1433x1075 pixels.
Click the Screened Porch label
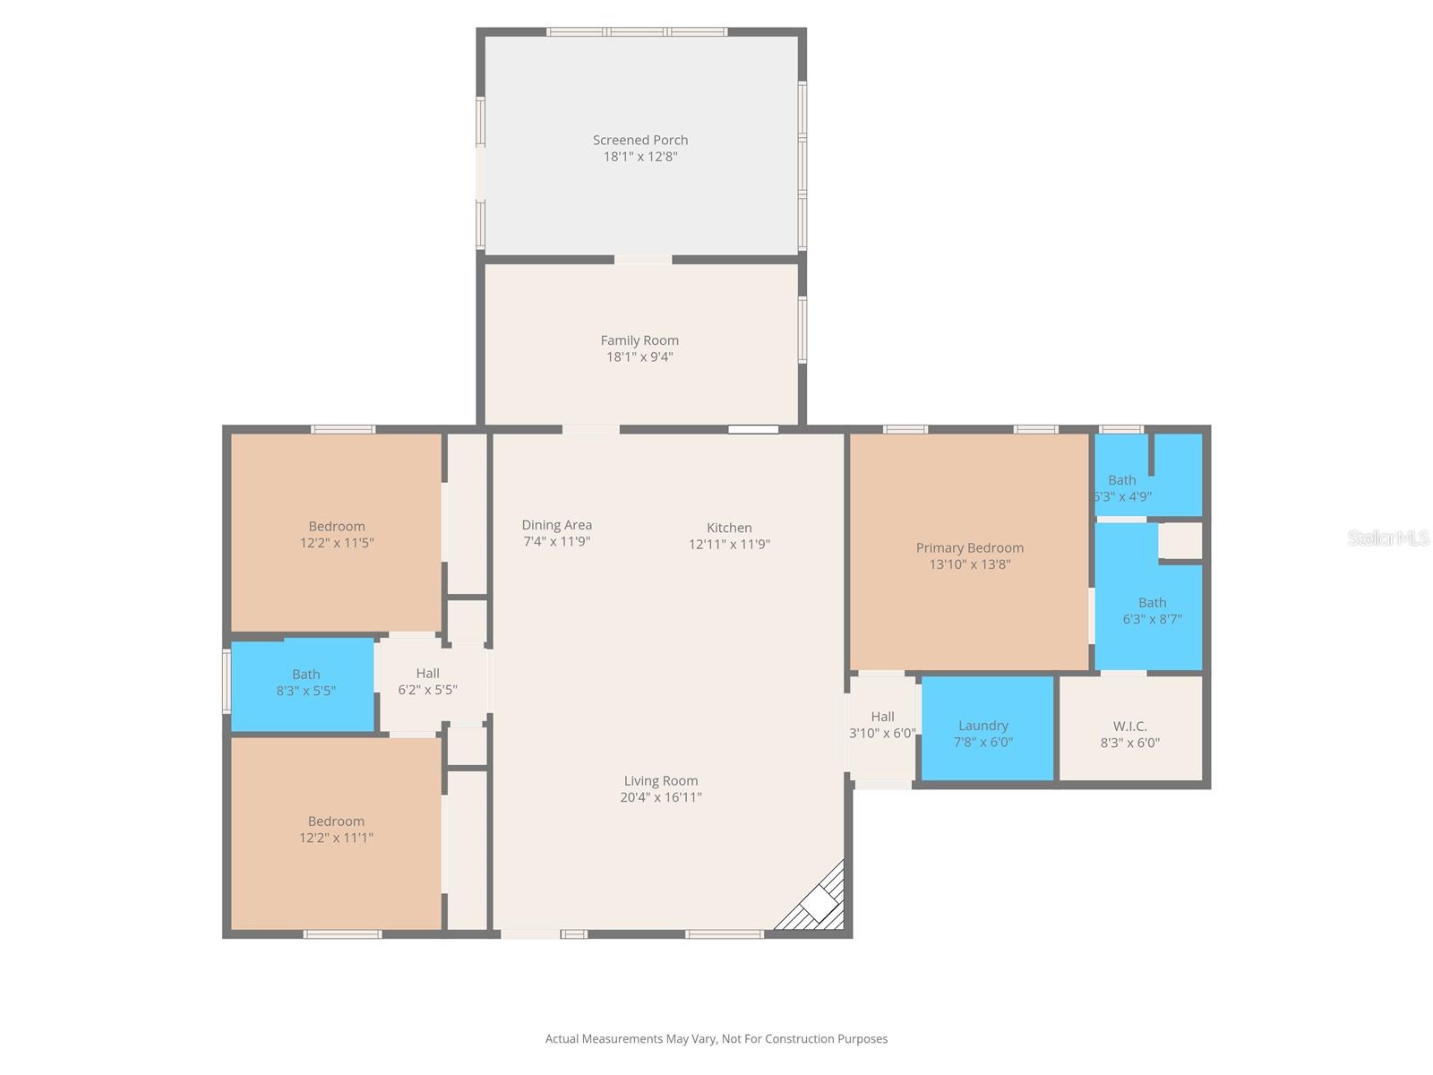click(639, 140)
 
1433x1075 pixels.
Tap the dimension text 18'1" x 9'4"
click(639, 357)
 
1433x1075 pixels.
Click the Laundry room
click(985, 727)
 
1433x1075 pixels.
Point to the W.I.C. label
click(1129, 727)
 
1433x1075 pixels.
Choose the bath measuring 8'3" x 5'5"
click(305, 684)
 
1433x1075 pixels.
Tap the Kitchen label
click(729, 528)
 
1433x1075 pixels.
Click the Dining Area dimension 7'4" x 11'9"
click(556, 541)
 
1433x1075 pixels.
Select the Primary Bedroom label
click(969, 548)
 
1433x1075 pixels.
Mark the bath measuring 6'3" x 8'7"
click(1152, 611)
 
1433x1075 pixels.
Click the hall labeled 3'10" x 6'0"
click(882, 725)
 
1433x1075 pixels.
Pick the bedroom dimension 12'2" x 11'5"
click(337, 543)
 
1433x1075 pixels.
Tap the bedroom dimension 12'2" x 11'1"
click(336, 838)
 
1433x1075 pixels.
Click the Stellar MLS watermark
click(1387, 537)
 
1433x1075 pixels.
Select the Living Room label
click(660, 781)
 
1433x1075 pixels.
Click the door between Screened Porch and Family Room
click(642, 260)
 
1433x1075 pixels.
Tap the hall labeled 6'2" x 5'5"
click(427, 682)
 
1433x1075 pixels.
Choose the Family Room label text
click(639, 340)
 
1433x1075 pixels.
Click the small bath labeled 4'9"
click(1123, 488)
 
